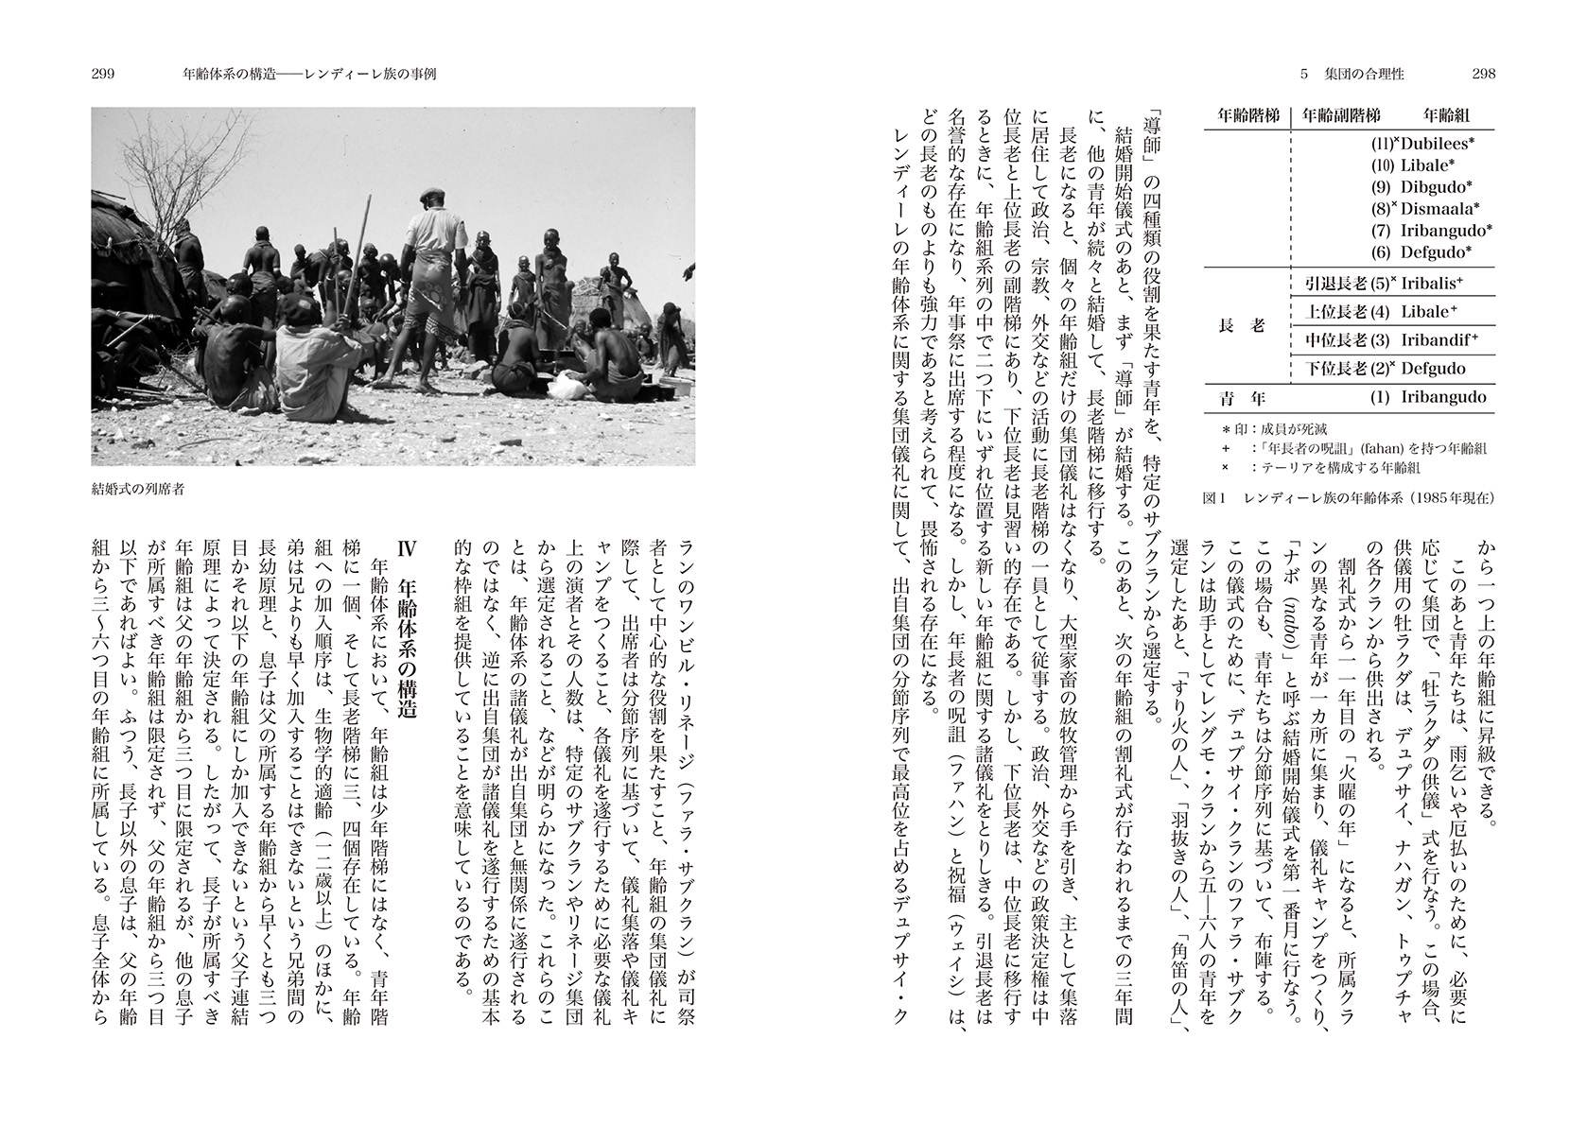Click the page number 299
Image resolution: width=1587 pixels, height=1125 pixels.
(x=103, y=75)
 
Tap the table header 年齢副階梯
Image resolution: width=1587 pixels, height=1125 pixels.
(x=1341, y=115)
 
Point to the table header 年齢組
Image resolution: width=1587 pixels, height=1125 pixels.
(x=1447, y=115)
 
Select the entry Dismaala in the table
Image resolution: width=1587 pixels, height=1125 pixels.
(x=1439, y=208)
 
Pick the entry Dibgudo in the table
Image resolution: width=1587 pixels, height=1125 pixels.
(x=1437, y=186)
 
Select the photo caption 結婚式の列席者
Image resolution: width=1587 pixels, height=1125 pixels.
(x=139, y=489)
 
